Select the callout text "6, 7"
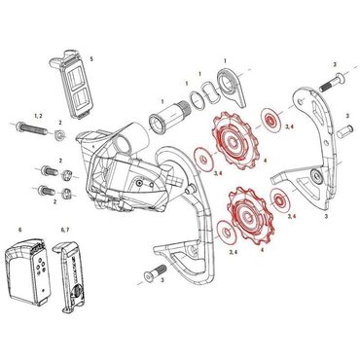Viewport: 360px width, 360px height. click(65, 230)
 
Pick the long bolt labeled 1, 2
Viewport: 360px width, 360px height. click(28, 127)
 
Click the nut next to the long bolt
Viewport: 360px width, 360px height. click(59, 131)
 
